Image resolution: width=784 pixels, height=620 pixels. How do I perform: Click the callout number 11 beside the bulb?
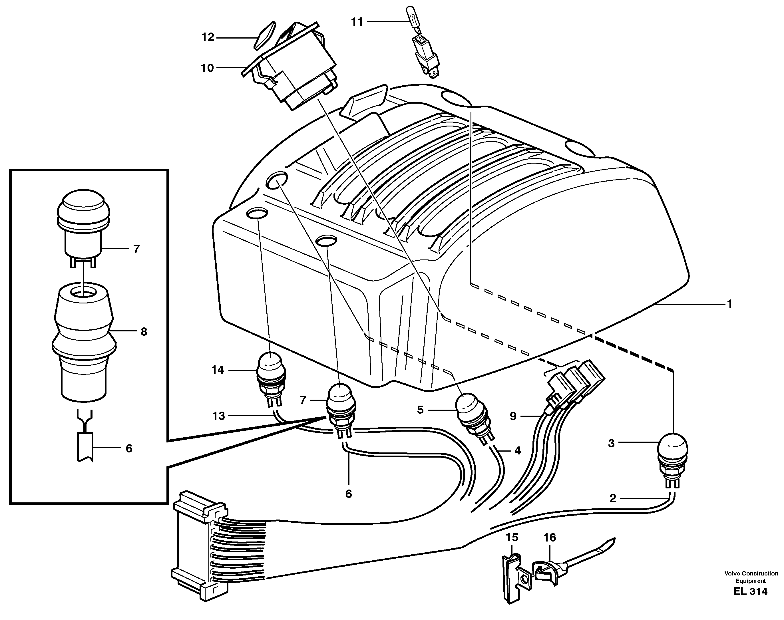[x=357, y=22]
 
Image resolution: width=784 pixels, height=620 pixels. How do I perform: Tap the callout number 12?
[x=208, y=37]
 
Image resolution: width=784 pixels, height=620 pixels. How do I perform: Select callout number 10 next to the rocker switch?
[x=208, y=68]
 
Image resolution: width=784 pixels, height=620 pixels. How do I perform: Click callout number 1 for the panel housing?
[x=729, y=304]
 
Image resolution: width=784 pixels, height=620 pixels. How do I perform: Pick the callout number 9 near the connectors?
[x=513, y=416]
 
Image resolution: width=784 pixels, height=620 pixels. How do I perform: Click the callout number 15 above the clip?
[x=512, y=537]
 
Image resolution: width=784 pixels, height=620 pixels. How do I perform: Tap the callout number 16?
[x=550, y=538]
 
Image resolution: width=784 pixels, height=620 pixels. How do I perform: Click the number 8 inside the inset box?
[x=144, y=332]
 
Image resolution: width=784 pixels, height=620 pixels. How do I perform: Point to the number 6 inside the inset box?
[x=129, y=449]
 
